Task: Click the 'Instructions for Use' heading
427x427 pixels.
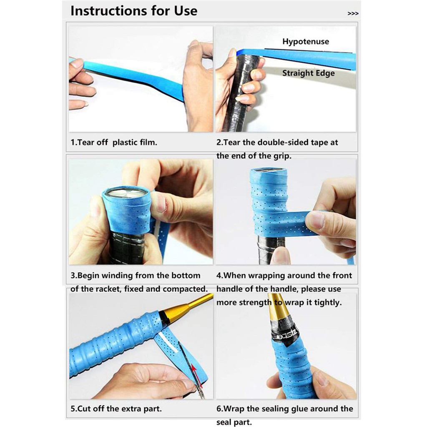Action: pos(134,10)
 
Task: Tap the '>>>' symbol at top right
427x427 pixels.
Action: pos(353,14)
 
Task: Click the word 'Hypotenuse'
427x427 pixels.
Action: pos(306,41)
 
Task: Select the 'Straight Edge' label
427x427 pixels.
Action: pos(308,73)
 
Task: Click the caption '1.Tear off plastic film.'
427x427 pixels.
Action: pos(114,142)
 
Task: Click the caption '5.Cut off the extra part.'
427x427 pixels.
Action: pos(116,409)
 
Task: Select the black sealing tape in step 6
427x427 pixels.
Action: pos(284,334)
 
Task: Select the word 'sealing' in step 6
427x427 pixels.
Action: pos(275,409)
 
